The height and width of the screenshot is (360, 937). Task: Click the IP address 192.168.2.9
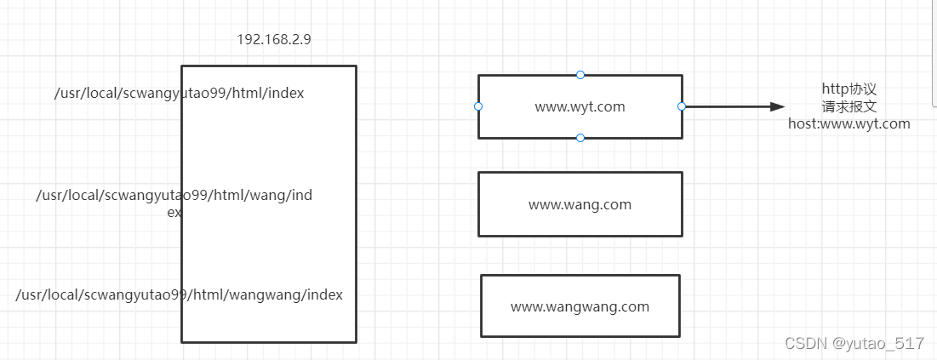[274, 39]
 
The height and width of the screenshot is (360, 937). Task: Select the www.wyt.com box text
[580, 107]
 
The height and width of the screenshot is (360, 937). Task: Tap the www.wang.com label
[580, 204]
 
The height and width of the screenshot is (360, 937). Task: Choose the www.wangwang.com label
[580, 306]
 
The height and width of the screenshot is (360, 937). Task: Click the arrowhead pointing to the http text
[778, 107]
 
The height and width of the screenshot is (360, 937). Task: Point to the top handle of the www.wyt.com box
[580, 75]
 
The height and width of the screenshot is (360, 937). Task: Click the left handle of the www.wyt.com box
[478, 106]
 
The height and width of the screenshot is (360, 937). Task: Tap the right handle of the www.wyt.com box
[682, 106]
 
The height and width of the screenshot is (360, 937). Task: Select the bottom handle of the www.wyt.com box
[580, 138]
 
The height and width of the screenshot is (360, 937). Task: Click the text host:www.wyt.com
[848, 123]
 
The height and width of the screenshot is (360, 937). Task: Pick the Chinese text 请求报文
[849, 107]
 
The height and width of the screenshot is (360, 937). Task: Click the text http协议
[849, 89]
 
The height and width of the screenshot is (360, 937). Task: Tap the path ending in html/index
[180, 94]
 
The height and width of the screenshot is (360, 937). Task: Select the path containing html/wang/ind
[174, 196]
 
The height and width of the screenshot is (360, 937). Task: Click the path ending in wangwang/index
[180, 294]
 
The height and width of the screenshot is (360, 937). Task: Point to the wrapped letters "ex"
[174, 212]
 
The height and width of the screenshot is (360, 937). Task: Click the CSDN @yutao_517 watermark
[854, 343]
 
